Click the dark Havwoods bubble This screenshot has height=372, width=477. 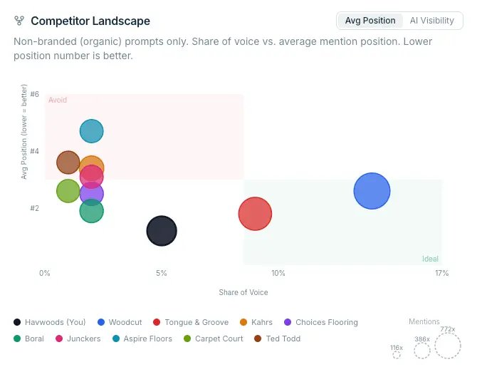tap(162, 231)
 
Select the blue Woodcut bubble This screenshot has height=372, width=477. tap(372, 191)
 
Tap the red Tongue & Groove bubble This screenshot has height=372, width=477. tap(255, 214)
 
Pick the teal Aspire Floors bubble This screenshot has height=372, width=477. tap(92, 131)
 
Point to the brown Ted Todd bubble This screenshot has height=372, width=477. tap(68, 162)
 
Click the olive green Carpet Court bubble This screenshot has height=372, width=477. tap(68, 191)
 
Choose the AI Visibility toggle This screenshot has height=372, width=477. tap(431, 21)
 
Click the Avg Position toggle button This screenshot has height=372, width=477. tap(370, 21)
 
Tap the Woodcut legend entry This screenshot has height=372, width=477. tap(120, 322)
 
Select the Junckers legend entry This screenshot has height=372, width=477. tap(78, 339)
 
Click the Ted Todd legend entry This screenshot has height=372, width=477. tap(278, 339)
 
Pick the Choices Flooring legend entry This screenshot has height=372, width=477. tap(321, 322)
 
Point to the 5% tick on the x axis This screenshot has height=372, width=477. tap(162, 273)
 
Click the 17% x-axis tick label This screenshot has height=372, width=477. tap(441, 273)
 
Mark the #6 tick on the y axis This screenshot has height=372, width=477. tap(35, 94)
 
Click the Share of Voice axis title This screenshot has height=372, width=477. tap(243, 292)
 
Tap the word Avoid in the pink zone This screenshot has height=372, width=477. tap(58, 100)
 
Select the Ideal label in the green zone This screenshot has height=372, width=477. tap(430, 259)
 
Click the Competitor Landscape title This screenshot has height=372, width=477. tap(90, 21)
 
